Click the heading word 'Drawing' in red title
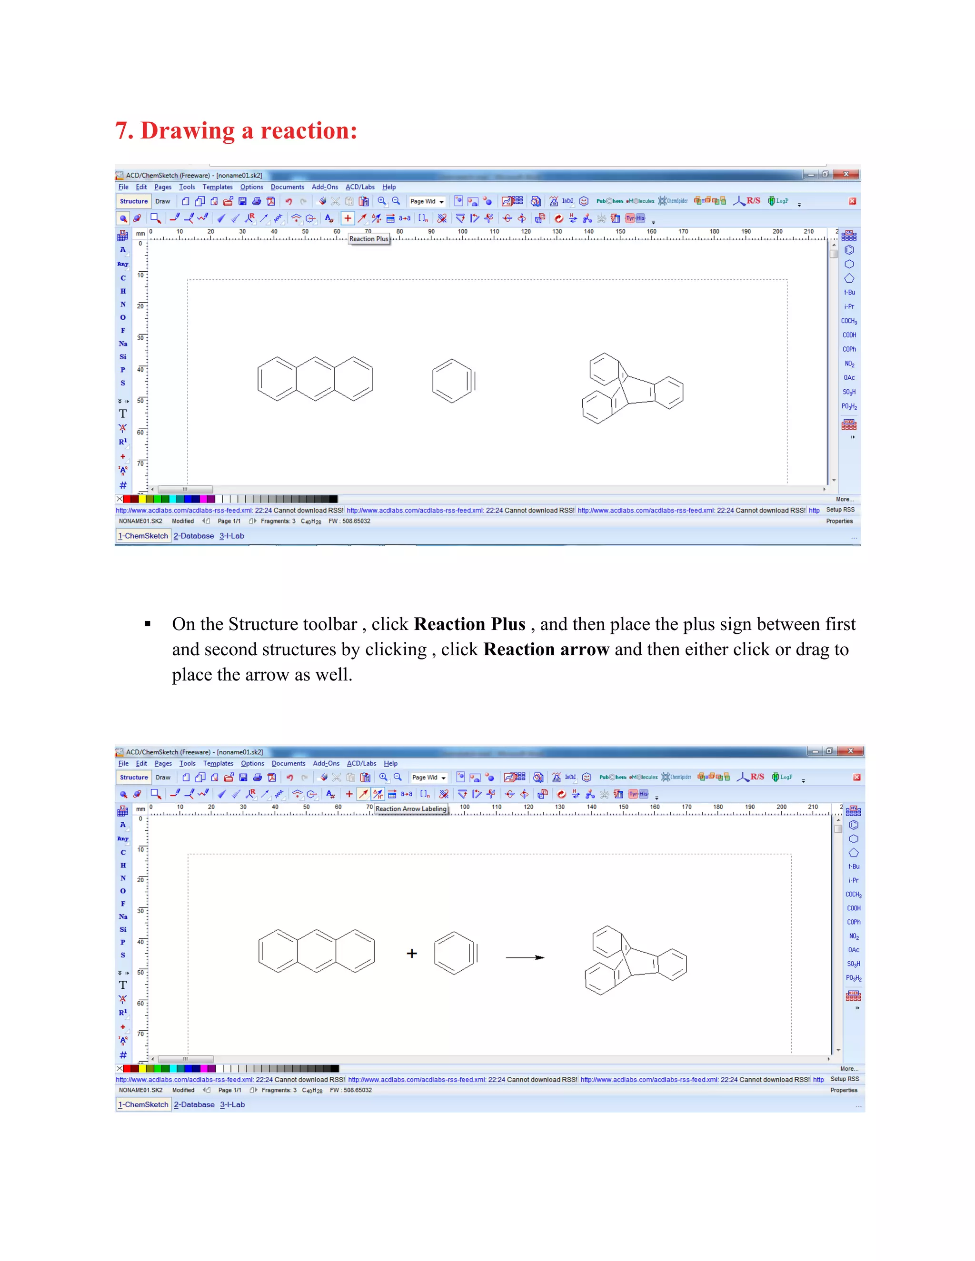pyautogui.click(x=187, y=131)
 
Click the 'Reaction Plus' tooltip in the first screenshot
pyautogui.click(x=368, y=239)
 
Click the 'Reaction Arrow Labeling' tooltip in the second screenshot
pyautogui.click(x=411, y=809)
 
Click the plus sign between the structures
pyautogui.click(x=412, y=953)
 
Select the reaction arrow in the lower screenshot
pyautogui.click(x=525, y=957)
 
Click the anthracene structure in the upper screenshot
pyautogui.click(x=315, y=379)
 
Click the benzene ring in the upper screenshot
pyautogui.click(x=453, y=381)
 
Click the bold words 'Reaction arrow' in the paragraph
pyautogui.click(x=546, y=650)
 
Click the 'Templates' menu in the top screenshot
pyautogui.click(x=217, y=187)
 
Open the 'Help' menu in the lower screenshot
pyautogui.click(x=390, y=763)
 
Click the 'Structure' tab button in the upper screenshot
pyautogui.click(x=133, y=201)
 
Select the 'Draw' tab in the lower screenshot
pyautogui.click(x=163, y=777)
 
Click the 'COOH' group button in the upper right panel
pyautogui.click(x=848, y=335)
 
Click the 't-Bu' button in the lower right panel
pyautogui.click(x=853, y=866)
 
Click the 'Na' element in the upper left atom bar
pyautogui.click(x=123, y=344)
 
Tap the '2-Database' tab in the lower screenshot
pyautogui.click(x=194, y=1104)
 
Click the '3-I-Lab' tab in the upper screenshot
pyautogui.click(x=232, y=536)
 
